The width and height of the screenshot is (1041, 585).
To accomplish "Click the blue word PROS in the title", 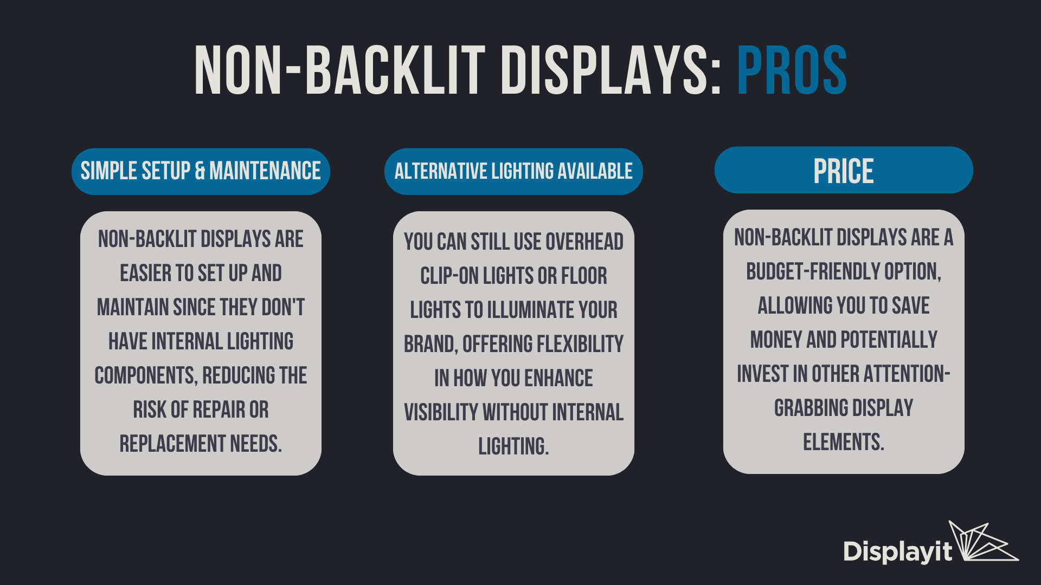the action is (x=792, y=70).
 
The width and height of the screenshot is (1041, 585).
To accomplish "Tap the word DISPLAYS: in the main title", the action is (x=611, y=70).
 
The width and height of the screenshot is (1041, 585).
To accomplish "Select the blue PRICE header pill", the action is (x=844, y=170).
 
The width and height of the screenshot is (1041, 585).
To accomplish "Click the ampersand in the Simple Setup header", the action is (x=200, y=171).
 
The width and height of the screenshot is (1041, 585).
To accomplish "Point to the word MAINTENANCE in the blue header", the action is (x=265, y=171).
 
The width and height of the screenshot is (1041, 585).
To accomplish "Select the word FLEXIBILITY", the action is (x=580, y=344).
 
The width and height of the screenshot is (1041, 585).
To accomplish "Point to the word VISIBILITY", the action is (x=441, y=412).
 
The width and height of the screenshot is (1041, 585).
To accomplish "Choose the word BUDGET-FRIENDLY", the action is (x=813, y=271).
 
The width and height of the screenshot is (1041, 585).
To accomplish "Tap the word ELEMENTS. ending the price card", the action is (x=844, y=442).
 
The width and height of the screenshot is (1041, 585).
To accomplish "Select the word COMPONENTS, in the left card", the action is (x=145, y=375).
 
